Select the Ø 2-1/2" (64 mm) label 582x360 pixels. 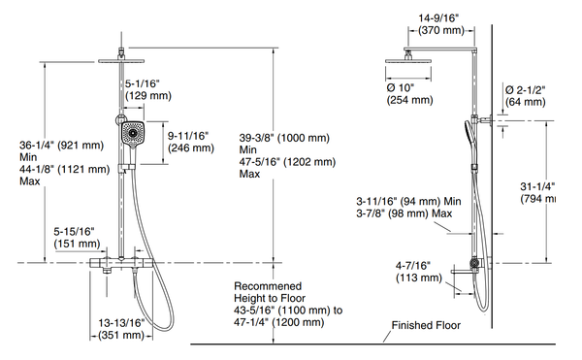(526, 95)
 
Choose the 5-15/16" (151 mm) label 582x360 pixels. (75, 237)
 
